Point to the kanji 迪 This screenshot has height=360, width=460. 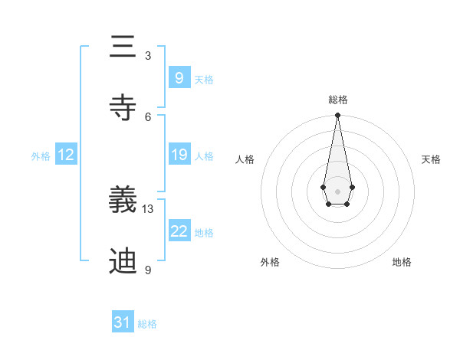(x=123, y=260)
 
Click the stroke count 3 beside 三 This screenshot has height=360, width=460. (x=148, y=56)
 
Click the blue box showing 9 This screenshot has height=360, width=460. (x=179, y=77)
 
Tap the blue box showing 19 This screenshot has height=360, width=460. (x=179, y=155)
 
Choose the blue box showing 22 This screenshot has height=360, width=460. (x=179, y=231)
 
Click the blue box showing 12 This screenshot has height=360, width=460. (x=66, y=155)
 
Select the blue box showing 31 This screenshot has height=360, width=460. (x=123, y=322)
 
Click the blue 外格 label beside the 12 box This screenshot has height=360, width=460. (x=41, y=156)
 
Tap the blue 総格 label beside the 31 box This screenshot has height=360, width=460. (x=147, y=324)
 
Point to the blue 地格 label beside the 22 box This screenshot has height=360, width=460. (x=204, y=233)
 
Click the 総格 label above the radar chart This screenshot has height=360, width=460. (x=337, y=100)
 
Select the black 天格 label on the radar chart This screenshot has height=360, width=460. (x=431, y=159)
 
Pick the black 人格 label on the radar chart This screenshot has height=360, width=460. (x=245, y=159)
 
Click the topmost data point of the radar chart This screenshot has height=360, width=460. (x=337, y=116)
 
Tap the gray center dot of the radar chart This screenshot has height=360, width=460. (x=337, y=190)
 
